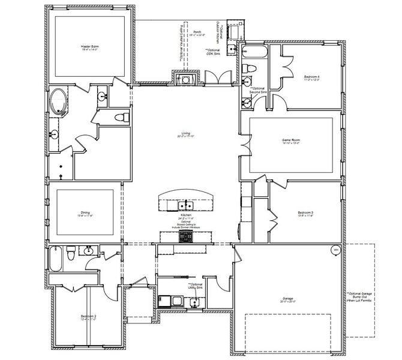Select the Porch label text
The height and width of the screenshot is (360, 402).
tap(197, 33)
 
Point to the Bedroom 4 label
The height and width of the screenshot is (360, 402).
tap(311, 77)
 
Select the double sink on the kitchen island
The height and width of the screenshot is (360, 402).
tap(185, 206)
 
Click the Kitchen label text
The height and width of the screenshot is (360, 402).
tap(185, 215)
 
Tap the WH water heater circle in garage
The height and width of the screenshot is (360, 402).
tap(335, 250)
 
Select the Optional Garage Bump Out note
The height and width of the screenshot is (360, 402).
tap(360, 298)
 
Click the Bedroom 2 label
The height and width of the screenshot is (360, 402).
tap(89, 317)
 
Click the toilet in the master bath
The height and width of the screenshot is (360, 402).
tap(120, 116)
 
